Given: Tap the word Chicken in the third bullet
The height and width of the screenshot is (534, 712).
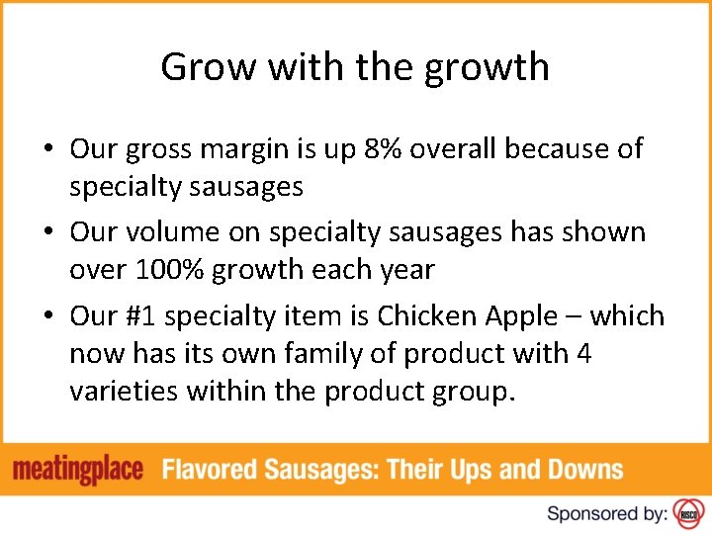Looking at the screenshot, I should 431,316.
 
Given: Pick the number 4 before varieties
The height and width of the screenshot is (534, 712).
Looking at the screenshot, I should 583,353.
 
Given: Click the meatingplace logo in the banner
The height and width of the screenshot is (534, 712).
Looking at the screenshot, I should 79,469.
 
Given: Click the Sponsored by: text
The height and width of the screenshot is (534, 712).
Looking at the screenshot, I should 605,513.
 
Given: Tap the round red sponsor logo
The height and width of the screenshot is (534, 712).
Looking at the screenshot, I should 687,512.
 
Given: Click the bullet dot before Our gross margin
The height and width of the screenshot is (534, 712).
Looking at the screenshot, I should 48,150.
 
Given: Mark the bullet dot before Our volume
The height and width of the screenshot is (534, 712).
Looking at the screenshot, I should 48,233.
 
